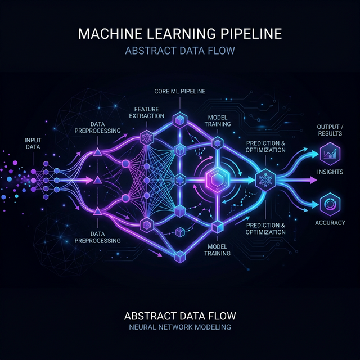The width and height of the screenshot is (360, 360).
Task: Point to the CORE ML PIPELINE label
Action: click(x=179, y=91)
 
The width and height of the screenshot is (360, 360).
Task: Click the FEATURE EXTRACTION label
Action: click(x=146, y=112)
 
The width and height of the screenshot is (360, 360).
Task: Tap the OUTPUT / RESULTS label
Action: click(x=328, y=129)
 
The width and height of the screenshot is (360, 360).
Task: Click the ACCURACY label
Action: click(x=329, y=222)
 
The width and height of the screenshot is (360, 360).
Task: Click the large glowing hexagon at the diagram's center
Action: click(x=217, y=180)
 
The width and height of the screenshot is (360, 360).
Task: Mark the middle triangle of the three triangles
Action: click(x=97, y=180)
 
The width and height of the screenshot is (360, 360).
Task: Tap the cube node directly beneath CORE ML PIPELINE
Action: click(x=179, y=119)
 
